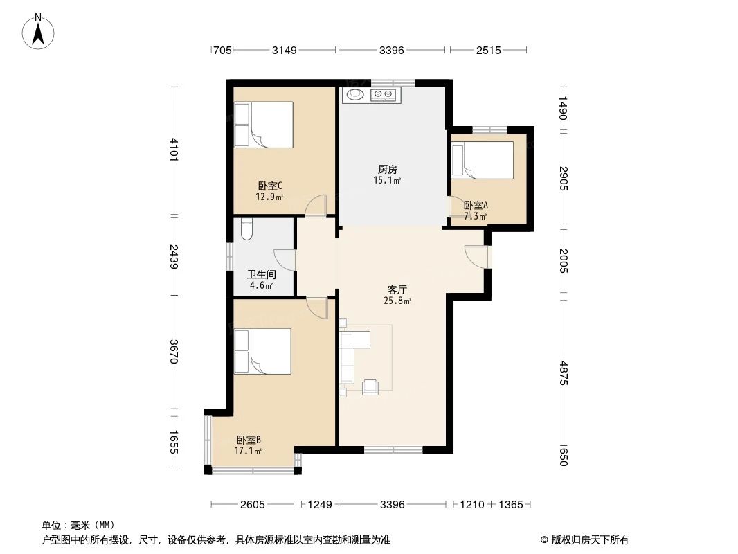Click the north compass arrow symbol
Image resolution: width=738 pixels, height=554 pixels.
(39, 31)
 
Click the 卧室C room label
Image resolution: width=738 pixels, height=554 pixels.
(269, 186)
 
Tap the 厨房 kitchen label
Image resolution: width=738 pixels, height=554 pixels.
(387, 169)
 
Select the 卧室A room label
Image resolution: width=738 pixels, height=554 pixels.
(476, 205)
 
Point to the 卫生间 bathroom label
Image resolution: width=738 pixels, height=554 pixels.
(260, 274)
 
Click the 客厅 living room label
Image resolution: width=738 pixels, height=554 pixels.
(397, 290)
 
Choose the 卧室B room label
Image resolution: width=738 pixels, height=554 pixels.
(249, 440)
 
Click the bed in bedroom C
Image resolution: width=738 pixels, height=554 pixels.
(263, 125)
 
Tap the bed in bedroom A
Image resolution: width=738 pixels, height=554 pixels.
(482, 160)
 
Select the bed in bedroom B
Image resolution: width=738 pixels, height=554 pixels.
(262, 351)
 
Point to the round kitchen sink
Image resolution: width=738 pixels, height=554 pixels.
(355, 95)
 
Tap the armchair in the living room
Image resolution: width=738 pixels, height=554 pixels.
(370, 387)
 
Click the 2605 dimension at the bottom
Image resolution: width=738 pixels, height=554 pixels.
(253, 504)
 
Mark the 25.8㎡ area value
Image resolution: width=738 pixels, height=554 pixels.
(398, 301)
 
